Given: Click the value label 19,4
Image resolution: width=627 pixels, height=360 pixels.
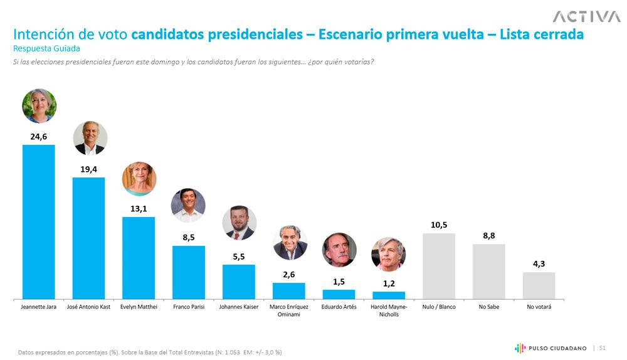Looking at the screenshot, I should coord(88,169).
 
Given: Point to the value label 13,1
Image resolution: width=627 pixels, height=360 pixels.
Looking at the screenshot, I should coord(139,208).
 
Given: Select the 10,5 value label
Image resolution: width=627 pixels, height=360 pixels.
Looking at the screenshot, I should coord(439,225).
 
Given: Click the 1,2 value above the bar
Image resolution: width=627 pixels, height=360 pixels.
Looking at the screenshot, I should coord(389,283).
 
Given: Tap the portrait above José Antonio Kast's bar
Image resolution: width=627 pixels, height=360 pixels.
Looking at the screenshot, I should coord(90,138).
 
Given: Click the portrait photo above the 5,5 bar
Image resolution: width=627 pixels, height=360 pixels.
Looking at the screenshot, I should coord(239,223).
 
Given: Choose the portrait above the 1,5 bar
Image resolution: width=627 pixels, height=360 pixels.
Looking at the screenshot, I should coord(339,250).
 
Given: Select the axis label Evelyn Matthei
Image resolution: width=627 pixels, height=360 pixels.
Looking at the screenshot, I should coord(139,307).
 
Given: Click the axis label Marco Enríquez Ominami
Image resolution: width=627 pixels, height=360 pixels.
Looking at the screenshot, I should coord(288,310).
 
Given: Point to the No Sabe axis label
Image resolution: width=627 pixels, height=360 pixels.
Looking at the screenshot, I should coord(488,307).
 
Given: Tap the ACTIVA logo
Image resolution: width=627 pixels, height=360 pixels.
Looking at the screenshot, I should coord(586,16).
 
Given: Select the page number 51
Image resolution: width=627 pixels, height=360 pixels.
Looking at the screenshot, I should coord(603,347).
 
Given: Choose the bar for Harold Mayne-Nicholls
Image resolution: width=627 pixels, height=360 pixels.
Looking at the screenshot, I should coord(389,295).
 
